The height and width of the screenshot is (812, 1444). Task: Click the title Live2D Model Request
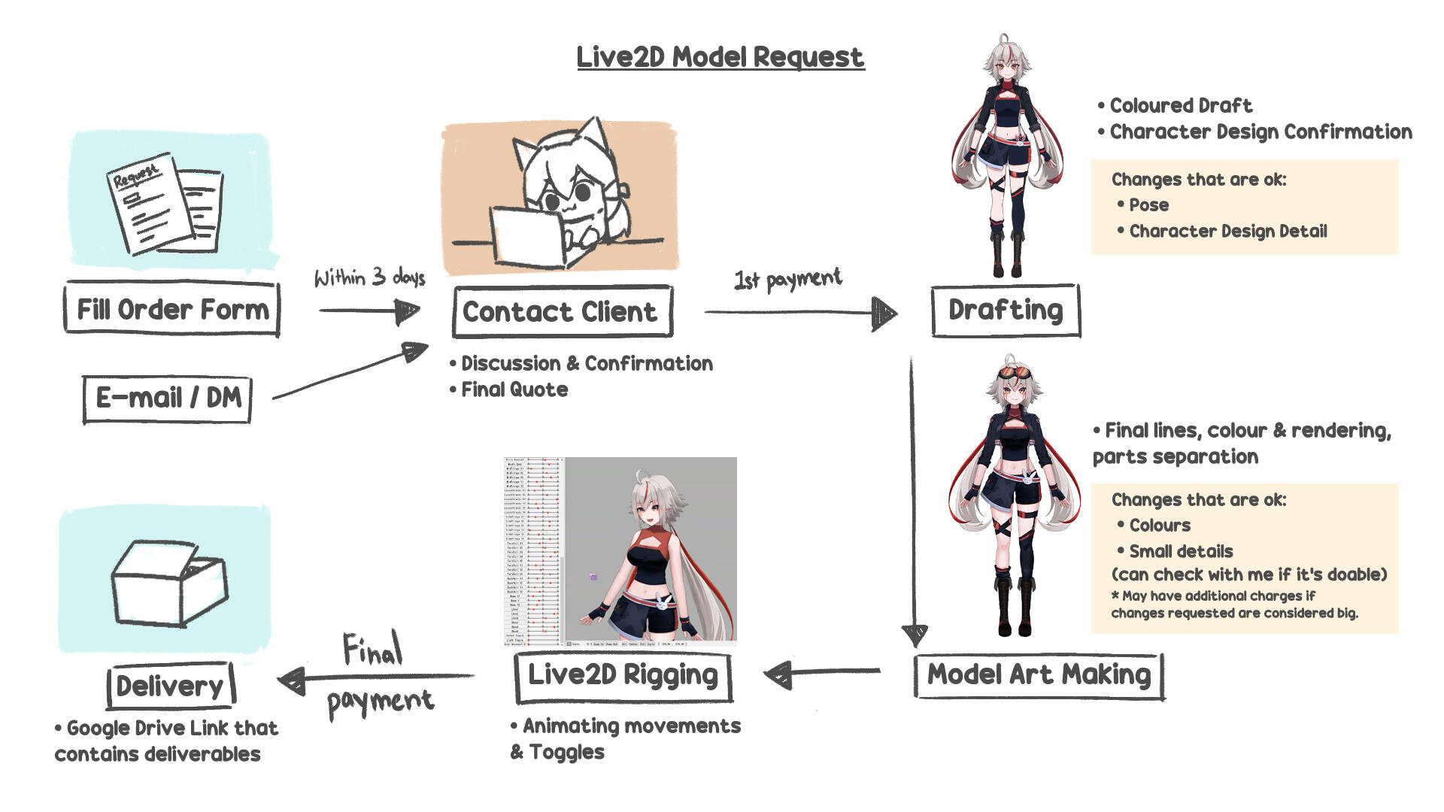pyautogui.click(x=720, y=57)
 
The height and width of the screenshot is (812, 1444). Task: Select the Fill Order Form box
pyautogui.click(x=172, y=309)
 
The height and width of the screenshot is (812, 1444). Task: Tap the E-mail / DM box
pyautogui.click(x=168, y=398)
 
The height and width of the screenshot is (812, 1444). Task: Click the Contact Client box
pyautogui.click(x=561, y=311)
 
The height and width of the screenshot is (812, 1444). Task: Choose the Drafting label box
pyautogui.click(x=1006, y=310)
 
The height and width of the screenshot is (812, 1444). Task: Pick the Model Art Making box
pyautogui.click(x=1039, y=675)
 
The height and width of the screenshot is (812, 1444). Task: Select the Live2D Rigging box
pyautogui.click(x=623, y=675)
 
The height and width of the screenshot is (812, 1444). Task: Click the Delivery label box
pyautogui.click(x=170, y=686)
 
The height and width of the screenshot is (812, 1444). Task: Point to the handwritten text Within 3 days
pyautogui.click(x=369, y=277)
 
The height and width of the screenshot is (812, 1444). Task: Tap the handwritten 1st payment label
pyautogui.click(x=787, y=280)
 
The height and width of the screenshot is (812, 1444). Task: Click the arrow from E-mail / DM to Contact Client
pyautogui.click(x=350, y=371)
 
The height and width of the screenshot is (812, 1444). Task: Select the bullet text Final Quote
pyautogui.click(x=514, y=389)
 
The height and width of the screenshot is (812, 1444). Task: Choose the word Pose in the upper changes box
pyautogui.click(x=1148, y=205)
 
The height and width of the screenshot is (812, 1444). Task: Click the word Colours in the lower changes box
pyautogui.click(x=1159, y=526)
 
